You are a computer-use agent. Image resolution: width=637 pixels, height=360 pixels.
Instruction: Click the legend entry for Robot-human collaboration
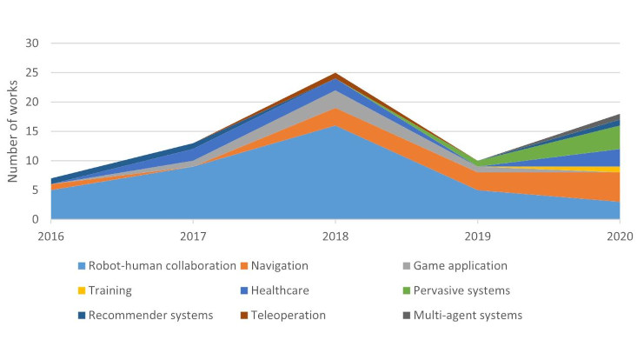(156, 266)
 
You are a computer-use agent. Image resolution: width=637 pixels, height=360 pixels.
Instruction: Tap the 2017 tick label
(194, 235)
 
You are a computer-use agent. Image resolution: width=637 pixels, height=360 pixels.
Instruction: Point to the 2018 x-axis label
(335, 235)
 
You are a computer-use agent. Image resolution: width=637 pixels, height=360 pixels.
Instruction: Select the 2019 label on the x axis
(477, 235)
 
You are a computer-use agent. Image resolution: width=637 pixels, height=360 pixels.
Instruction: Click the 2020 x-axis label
(618, 235)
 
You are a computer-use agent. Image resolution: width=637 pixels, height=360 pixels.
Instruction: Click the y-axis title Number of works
(15, 131)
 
